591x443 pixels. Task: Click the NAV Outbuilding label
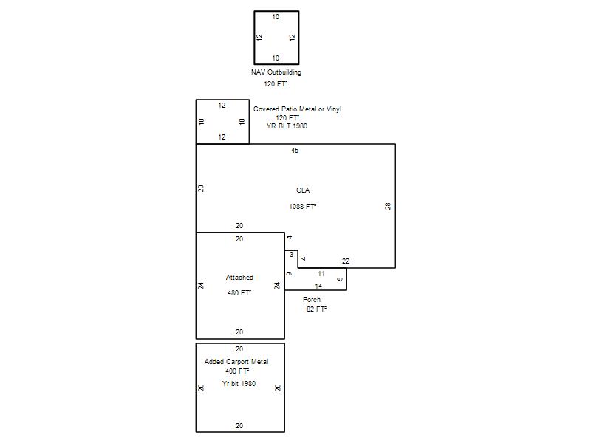pos(276,72)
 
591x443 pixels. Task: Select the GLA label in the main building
pos(303,190)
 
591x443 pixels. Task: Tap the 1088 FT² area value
pos(303,206)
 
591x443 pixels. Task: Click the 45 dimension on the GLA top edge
pos(295,151)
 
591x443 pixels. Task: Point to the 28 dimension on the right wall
pos(388,206)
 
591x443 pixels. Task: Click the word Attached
pos(239,278)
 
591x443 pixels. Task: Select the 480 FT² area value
pos(239,292)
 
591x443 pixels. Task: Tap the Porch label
pos(312,300)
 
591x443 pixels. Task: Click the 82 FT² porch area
pos(316,309)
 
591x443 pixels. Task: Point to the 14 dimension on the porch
pos(318,286)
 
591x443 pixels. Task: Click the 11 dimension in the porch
pos(321,273)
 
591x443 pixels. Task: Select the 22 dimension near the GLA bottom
pos(346,261)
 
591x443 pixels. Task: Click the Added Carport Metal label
pos(236,362)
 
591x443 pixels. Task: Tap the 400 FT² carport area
pos(237,371)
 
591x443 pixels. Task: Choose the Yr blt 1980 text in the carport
pos(239,383)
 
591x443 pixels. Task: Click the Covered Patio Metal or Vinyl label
pos(298,109)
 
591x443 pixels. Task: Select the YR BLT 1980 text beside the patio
pos(287,126)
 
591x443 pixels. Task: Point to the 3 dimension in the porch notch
pos(291,255)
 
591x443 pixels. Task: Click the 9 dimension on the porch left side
pos(289,274)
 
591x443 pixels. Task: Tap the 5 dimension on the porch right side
pos(340,279)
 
